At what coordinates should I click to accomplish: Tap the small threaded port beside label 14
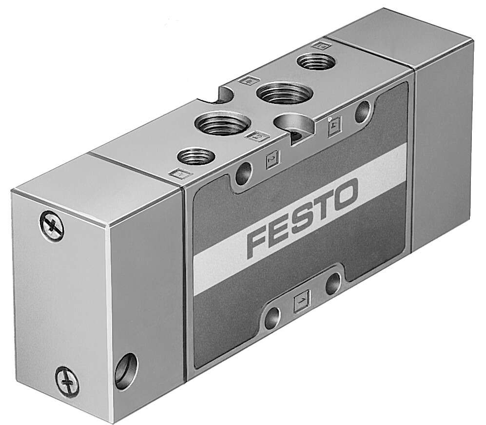pyautogui.click(x=312, y=63)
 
